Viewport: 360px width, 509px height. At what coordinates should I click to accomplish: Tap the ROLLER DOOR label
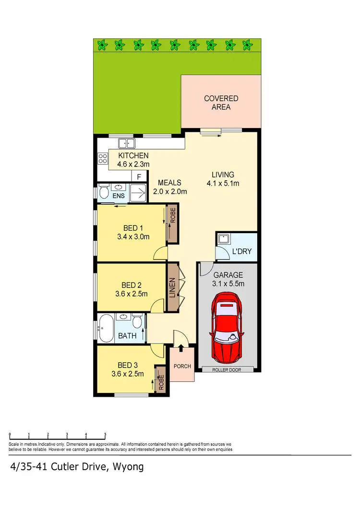point(228,370)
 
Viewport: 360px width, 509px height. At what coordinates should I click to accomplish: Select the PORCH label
point(182,366)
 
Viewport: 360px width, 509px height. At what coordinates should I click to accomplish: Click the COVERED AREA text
point(221,103)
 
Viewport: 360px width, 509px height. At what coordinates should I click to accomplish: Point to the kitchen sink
point(127,142)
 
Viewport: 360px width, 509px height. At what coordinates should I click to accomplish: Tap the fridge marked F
point(139,177)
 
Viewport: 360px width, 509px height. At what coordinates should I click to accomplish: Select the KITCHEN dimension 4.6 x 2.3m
point(133,165)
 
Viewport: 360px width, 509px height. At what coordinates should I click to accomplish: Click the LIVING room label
point(223,175)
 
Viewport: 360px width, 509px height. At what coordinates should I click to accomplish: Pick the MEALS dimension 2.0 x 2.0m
point(170,191)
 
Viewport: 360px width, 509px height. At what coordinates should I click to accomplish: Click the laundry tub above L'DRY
point(223,238)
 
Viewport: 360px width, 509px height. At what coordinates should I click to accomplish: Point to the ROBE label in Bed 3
point(161,381)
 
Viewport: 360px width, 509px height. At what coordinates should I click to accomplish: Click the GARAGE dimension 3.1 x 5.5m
point(228,284)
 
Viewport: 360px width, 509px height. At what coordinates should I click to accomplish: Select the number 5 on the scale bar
point(105,435)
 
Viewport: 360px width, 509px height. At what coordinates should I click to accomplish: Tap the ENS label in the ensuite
point(118,196)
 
